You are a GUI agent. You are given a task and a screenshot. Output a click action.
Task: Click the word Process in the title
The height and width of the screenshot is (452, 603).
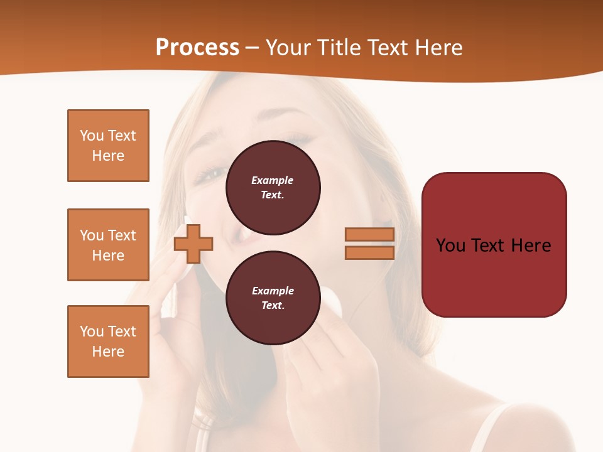click(197, 48)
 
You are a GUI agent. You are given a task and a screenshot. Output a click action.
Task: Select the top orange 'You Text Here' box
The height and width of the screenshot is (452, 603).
click(108, 146)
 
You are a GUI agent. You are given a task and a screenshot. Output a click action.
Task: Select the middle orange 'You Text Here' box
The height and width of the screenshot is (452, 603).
click(108, 245)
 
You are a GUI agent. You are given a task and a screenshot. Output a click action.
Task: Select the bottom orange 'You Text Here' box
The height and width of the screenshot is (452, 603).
click(108, 342)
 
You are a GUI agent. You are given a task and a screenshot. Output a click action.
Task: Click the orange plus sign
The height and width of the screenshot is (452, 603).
click(193, 243)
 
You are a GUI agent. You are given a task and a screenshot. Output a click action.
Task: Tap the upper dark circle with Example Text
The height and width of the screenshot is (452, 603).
click(273, 188)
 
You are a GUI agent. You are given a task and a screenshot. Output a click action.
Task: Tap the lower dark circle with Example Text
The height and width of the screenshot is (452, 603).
click(273, 298)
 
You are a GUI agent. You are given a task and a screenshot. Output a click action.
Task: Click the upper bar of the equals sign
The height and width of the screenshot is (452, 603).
click(369, 235)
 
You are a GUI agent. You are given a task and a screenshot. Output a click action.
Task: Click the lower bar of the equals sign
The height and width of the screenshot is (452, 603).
click(369, 252)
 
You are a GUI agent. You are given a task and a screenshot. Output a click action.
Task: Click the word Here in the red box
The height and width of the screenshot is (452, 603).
click(531, 245)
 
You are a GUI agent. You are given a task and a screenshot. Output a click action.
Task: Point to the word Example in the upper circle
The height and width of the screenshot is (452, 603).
click(273, 180)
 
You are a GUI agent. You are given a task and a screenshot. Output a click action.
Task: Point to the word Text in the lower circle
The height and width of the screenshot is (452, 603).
click(272, 306)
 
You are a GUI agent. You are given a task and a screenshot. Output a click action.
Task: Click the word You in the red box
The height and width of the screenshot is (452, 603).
click(450, 245)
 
